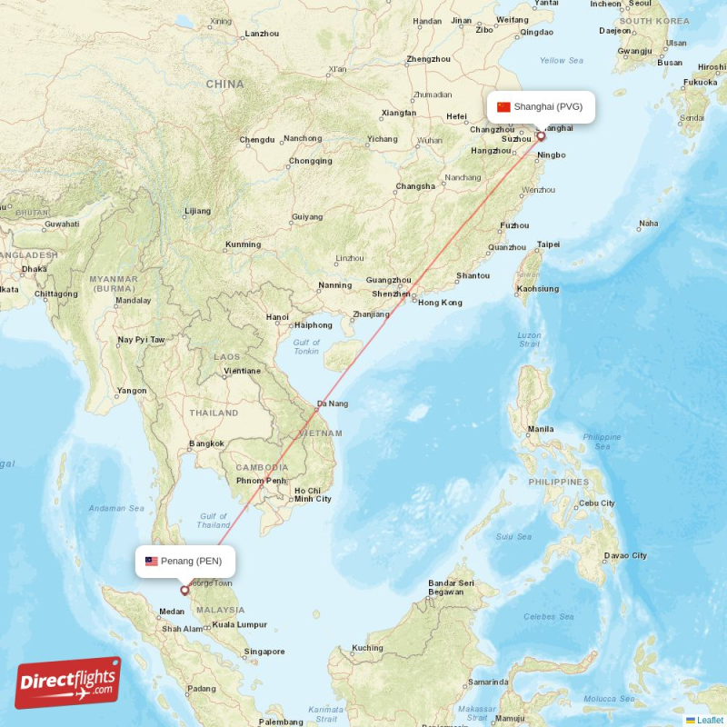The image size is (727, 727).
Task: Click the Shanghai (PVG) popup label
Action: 541,106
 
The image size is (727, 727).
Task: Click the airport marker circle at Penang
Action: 185,590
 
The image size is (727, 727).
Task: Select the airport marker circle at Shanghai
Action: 541,136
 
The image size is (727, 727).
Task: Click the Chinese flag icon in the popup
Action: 503,106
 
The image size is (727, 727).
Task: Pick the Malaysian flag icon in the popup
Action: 151,561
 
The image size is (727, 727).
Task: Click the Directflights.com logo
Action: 68,682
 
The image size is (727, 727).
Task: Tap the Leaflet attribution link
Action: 710,720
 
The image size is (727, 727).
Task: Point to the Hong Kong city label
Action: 440,303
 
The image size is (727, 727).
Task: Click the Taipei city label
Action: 549,244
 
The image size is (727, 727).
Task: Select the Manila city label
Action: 541,429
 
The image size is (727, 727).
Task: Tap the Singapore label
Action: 264,652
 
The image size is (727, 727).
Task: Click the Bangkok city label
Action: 206,443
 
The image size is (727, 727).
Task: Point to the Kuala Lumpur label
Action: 239,624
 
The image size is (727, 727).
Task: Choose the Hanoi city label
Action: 277,317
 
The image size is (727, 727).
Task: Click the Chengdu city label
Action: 257,140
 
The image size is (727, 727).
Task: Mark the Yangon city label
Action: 132,391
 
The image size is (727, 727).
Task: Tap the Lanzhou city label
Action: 263,35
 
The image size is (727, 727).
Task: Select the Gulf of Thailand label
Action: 214,520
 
